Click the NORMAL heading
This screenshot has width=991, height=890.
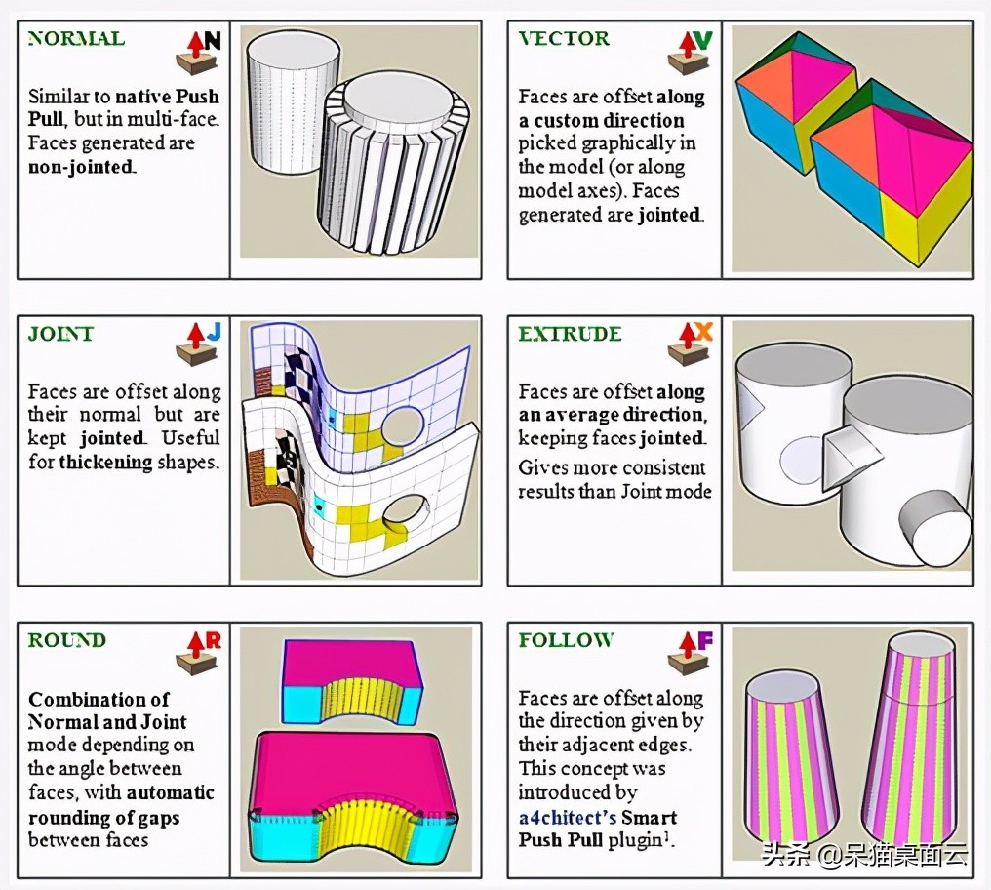click(x=76, y=39)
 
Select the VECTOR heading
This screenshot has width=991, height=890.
click(x=564, y=39)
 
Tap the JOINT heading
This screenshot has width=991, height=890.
click(x=60, y=334)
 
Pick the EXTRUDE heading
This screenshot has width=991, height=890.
click(x=570, y=334)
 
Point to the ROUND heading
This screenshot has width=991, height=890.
click(x=66, y=640)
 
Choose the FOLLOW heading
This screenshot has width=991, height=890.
click(x=566, y=640)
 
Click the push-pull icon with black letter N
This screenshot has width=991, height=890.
click(x=198, y=52)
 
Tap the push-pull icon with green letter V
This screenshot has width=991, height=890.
click(x=689, y=52)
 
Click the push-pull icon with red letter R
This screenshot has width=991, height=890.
click(x=198, y=651)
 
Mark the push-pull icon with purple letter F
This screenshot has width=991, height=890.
click(x=689, y=651)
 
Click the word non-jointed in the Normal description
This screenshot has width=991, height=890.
click(x=82, y=167)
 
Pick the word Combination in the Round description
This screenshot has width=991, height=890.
click(x=98, y=700)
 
